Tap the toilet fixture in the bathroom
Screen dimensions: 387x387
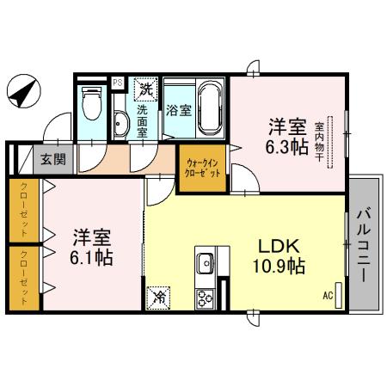[x=91, y=105]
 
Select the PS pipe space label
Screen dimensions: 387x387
[x=119, y=83]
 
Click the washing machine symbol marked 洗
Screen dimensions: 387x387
[x=147, y=88]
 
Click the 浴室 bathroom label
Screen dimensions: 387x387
[x=178, y=111]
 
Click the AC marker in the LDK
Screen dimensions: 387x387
[x=327, y=296]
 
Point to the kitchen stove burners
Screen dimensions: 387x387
[x=207, y=298]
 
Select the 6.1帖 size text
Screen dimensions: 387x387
[x=93, y=255]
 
